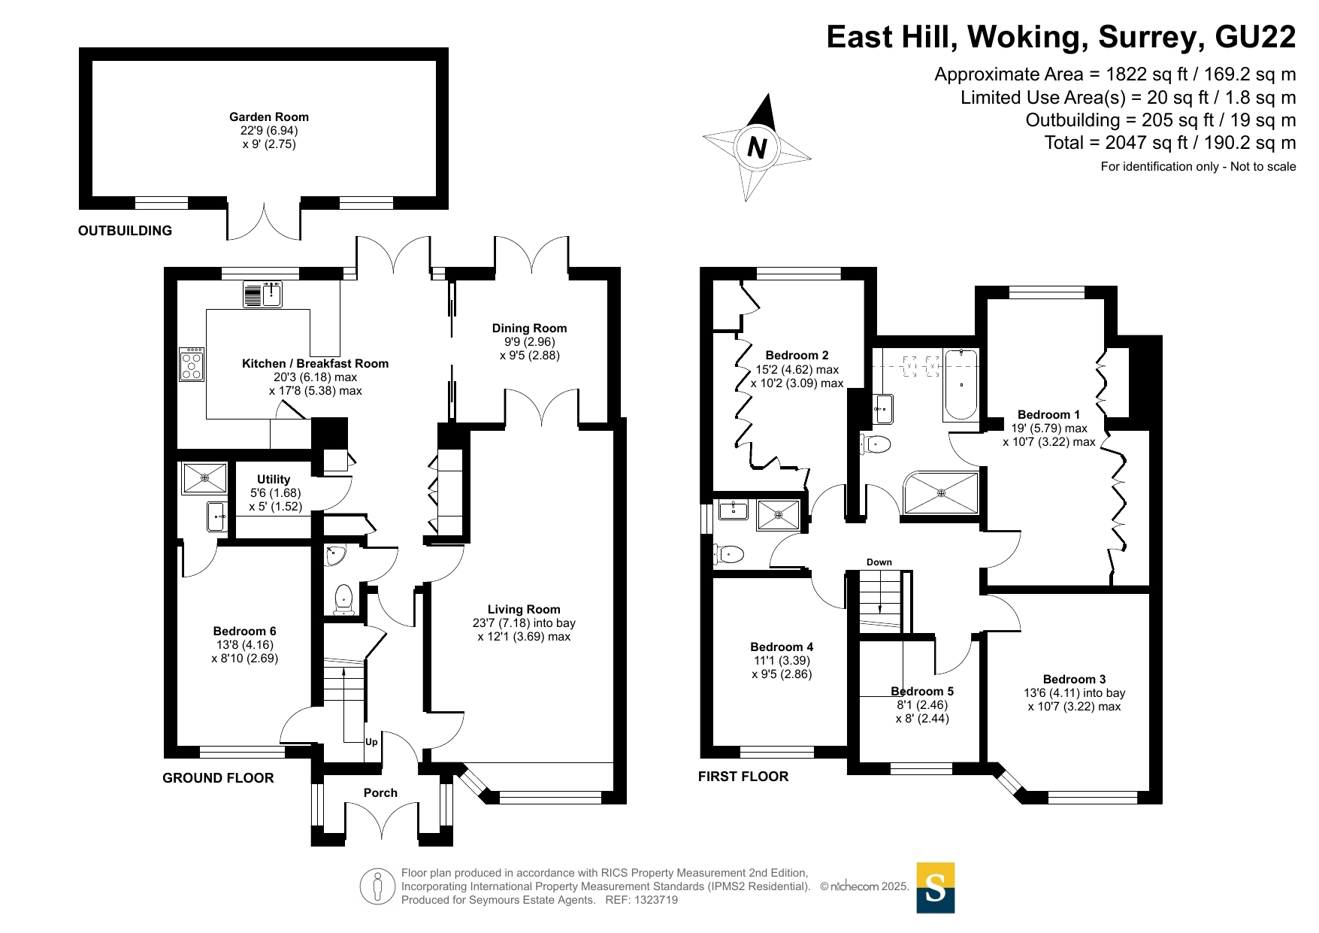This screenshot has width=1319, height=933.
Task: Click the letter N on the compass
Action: tap(758, 147)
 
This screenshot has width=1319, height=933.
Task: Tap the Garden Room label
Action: tap(269, 117)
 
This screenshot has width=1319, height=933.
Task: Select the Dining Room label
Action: tap(529, 328)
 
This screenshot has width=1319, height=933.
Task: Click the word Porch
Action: tap(380, 792)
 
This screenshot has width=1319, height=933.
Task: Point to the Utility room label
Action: tap(274, 479)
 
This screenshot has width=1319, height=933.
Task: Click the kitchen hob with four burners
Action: tap(192, 364)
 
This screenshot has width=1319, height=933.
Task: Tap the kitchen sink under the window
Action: tap(262, 294)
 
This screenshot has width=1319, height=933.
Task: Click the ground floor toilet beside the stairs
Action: tap(343, 599)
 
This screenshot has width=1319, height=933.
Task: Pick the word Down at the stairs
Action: tap(879, 562)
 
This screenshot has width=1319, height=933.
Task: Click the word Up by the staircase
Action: tap(371, 742)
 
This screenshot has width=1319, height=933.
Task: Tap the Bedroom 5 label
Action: tap(922, 691)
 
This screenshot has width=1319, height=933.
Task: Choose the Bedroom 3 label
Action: tap(1075, 679)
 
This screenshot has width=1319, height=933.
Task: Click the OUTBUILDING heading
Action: tap(125, 231)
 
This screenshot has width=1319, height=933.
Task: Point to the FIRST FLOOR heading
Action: tap(743, 777)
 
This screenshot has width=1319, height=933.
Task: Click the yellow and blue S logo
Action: tap(936, 888)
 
